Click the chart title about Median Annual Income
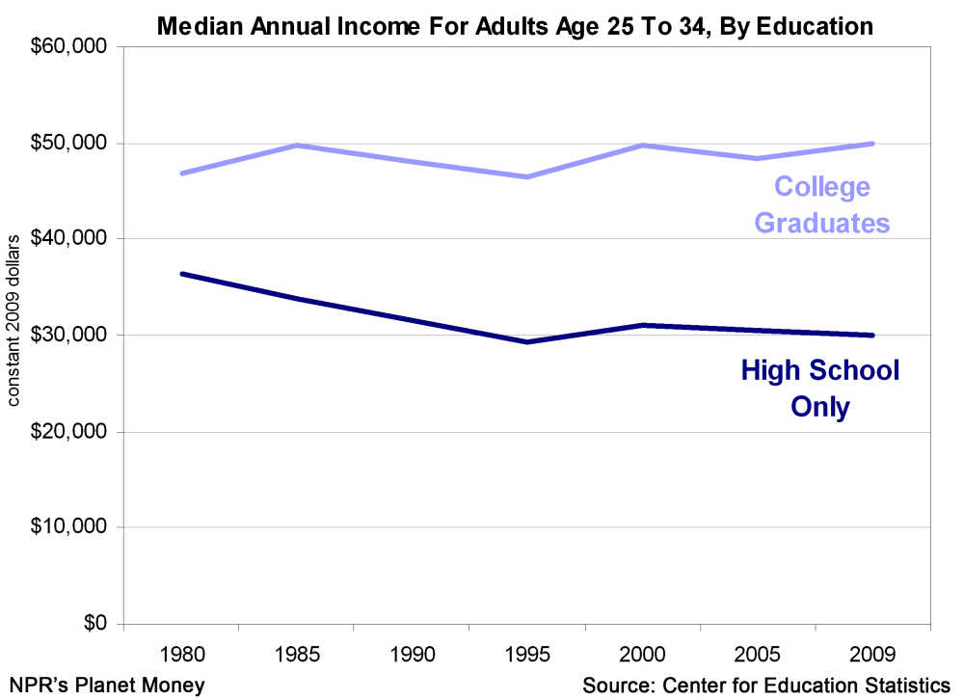click(x=515, y=26)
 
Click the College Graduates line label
click(x=821, y=204)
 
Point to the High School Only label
click(x=820, y=388)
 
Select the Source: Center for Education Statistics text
click(x=765, y=685)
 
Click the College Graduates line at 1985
click(x=297, y=145)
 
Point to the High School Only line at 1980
click(x=181, y=274)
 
